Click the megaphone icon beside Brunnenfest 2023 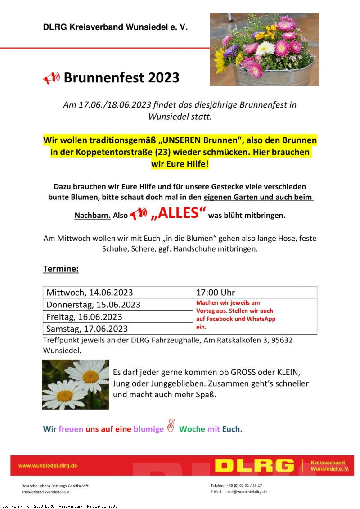click(52, 78)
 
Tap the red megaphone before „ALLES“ click(138, 214)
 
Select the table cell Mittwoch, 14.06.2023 click(90, 293)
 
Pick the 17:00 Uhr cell click(216, 293)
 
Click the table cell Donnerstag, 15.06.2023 click(94, 305)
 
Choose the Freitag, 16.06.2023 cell click(85, 316)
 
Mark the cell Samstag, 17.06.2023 click(87, 329)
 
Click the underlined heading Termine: click(61, 269)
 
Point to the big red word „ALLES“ click(178, 213)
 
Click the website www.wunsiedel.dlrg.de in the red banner click(48, 465)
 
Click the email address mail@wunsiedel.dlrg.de click(247, 492)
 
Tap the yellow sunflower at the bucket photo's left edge click(219, 60)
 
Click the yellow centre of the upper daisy click(90, 376)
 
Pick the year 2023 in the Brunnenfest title click(163, 78)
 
